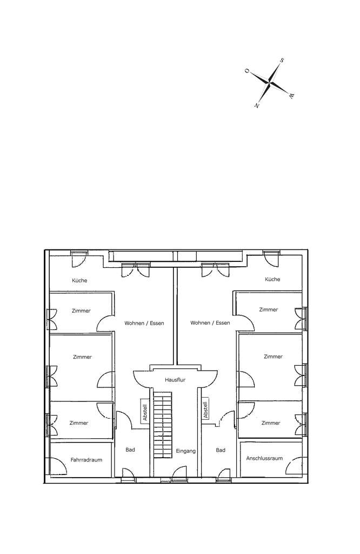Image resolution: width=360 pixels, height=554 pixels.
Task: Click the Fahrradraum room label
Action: click(86, 459)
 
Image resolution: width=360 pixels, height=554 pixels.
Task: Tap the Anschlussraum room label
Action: click(264, 458)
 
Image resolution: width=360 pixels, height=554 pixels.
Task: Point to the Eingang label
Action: click(185, 451)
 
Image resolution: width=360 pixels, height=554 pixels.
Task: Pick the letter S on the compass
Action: click(282, 61)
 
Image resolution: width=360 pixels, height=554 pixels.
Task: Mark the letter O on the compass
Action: click(247, 71)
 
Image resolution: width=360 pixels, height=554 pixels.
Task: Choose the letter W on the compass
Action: click(291, 96)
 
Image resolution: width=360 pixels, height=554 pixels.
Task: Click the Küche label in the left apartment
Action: click(79, 280)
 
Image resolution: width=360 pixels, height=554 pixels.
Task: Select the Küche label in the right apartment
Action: click(272, 279)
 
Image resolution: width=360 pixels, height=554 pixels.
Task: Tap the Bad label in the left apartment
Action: click(130, 450)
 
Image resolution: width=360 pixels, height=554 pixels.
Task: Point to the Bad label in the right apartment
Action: click(220, 450)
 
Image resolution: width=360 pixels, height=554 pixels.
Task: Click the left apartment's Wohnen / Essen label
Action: click(144, 323)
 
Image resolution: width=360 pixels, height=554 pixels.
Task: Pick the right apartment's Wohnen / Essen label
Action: click(210, 323)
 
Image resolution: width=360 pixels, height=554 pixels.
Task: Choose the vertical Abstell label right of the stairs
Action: click(205, 410)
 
